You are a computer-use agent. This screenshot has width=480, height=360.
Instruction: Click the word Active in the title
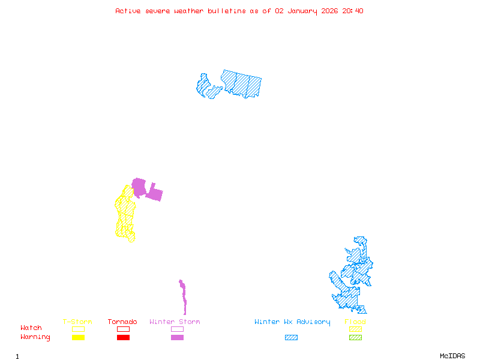coord(128,11)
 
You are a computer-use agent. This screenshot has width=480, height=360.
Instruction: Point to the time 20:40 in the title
coord(353,11)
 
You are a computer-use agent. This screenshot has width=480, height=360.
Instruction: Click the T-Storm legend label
coord(77,322)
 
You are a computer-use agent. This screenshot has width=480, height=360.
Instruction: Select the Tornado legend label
coord(122,322)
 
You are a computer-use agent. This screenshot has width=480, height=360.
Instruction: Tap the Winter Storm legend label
coord(175,322)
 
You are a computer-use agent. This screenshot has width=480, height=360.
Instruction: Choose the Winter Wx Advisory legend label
coord(292,322)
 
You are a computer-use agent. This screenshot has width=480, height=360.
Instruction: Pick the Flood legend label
coord(355,322)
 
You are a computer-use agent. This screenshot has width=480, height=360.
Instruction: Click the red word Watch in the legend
coord(31,328)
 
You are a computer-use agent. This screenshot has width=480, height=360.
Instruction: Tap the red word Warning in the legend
coord(35,337)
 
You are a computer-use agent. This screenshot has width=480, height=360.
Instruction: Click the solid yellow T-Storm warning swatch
coord(78,337)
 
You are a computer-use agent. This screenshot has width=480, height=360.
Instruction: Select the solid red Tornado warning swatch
coord(123,337)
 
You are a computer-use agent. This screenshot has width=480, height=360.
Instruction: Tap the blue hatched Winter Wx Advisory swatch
coord(291,337)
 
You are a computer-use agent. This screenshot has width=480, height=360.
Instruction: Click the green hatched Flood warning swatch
coord(355,337)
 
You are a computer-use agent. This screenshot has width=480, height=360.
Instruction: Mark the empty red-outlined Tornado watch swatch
coord(123,329)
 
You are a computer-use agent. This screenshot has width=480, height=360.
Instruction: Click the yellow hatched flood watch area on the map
coord(126,216)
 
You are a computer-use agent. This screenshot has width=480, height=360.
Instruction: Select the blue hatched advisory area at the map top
coord(240,84)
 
